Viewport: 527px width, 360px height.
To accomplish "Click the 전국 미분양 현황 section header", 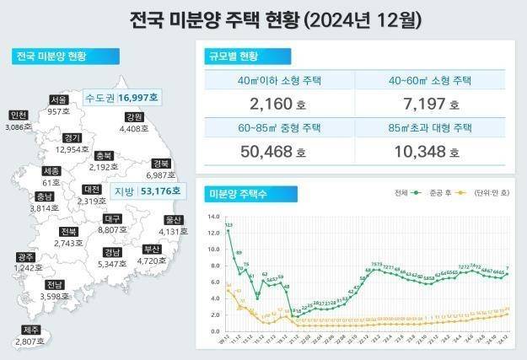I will coord(51,57).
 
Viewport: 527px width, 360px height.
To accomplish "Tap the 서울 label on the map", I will coord(58,99).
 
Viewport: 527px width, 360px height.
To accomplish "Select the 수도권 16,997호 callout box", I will coord(122,98).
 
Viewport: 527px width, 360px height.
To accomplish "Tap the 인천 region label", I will coord(18,116).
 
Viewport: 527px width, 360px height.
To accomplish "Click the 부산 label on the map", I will coord(152,249).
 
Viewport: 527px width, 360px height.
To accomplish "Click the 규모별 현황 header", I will coord(233,57).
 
